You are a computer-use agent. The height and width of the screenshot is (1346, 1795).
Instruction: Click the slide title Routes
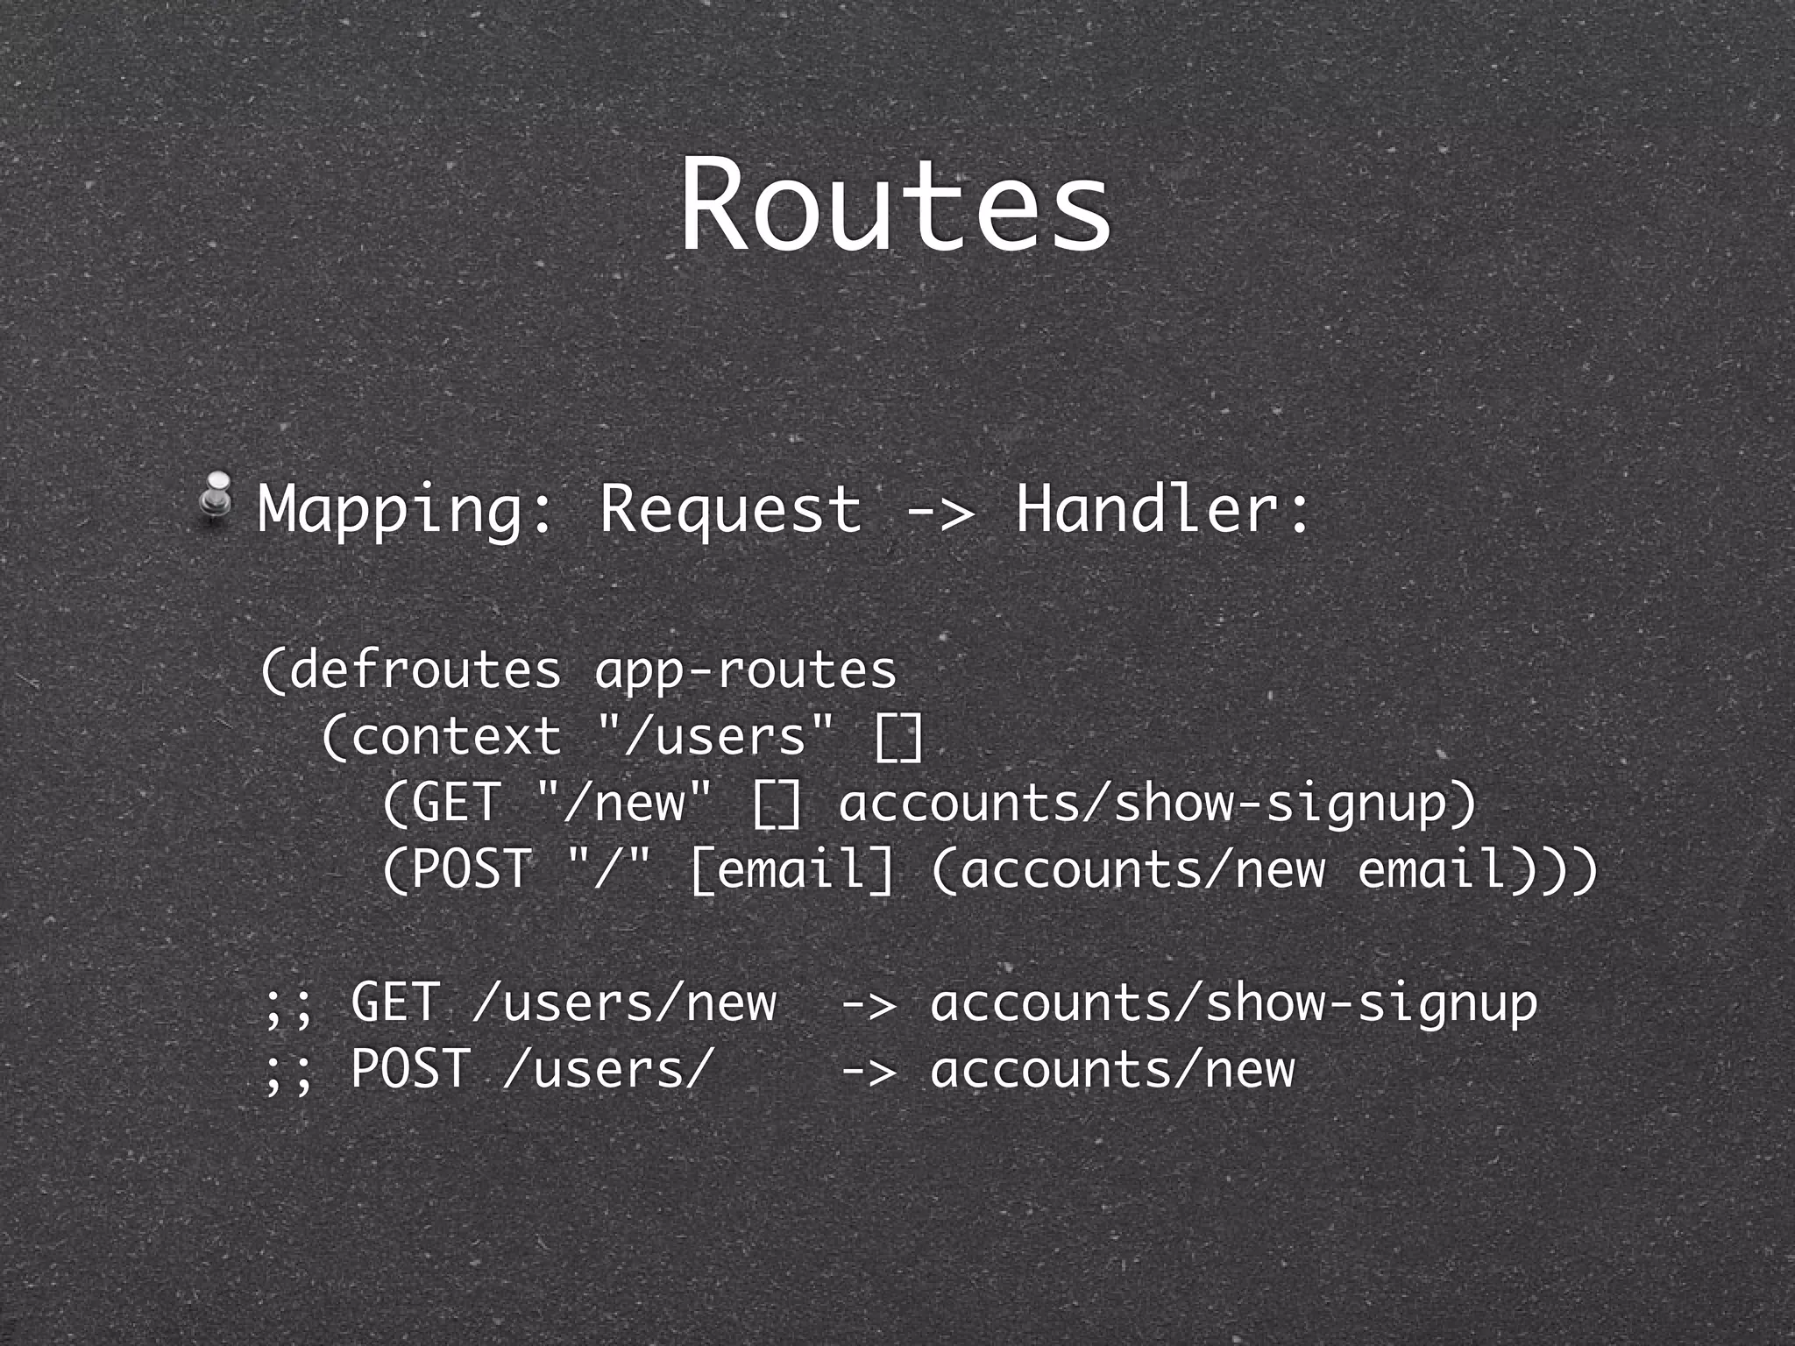coord(896,207)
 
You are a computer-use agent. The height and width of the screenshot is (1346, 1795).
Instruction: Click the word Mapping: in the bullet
coord(406,510)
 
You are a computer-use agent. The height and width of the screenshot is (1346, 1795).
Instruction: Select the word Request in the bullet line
coord(730,510)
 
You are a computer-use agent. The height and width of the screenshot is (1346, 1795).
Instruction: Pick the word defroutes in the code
coord(425,670)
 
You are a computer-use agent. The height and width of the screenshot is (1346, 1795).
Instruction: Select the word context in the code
coord(456,736)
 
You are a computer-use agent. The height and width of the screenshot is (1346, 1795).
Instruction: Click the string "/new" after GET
coord(624,803)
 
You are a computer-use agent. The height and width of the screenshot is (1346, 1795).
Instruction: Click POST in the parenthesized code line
coord(471,869)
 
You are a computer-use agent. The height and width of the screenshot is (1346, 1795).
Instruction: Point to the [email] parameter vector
coord(791,869)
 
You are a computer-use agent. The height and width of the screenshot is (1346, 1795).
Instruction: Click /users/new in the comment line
coord(624,1002)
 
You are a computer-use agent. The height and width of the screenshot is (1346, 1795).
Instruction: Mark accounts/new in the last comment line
coord(1112,1069)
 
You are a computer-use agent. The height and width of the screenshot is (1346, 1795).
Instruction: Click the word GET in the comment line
coord(394,1002)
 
